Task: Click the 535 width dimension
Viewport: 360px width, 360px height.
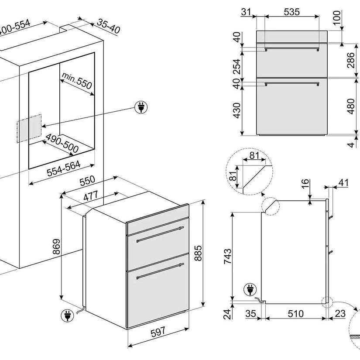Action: [291, 12]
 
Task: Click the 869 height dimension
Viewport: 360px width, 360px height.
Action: [55, 248]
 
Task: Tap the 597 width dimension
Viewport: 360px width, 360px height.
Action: [158, 332]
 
